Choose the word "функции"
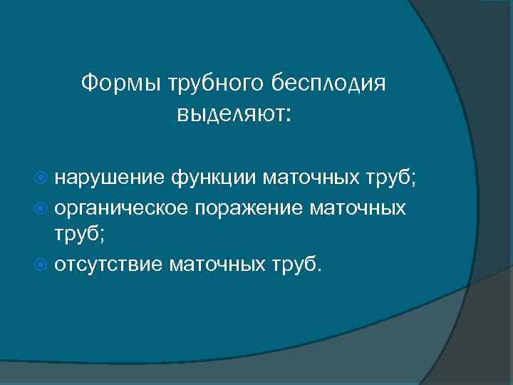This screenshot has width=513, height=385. (x=214, y=178)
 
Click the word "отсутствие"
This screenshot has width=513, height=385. (x=110, y=265)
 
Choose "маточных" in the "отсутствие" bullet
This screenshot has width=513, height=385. (x=217, y=265)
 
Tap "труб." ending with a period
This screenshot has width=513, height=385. (x=295, y=265)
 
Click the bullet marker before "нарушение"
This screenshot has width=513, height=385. (x=45, y=178)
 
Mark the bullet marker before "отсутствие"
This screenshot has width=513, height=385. (x=45, y=265)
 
